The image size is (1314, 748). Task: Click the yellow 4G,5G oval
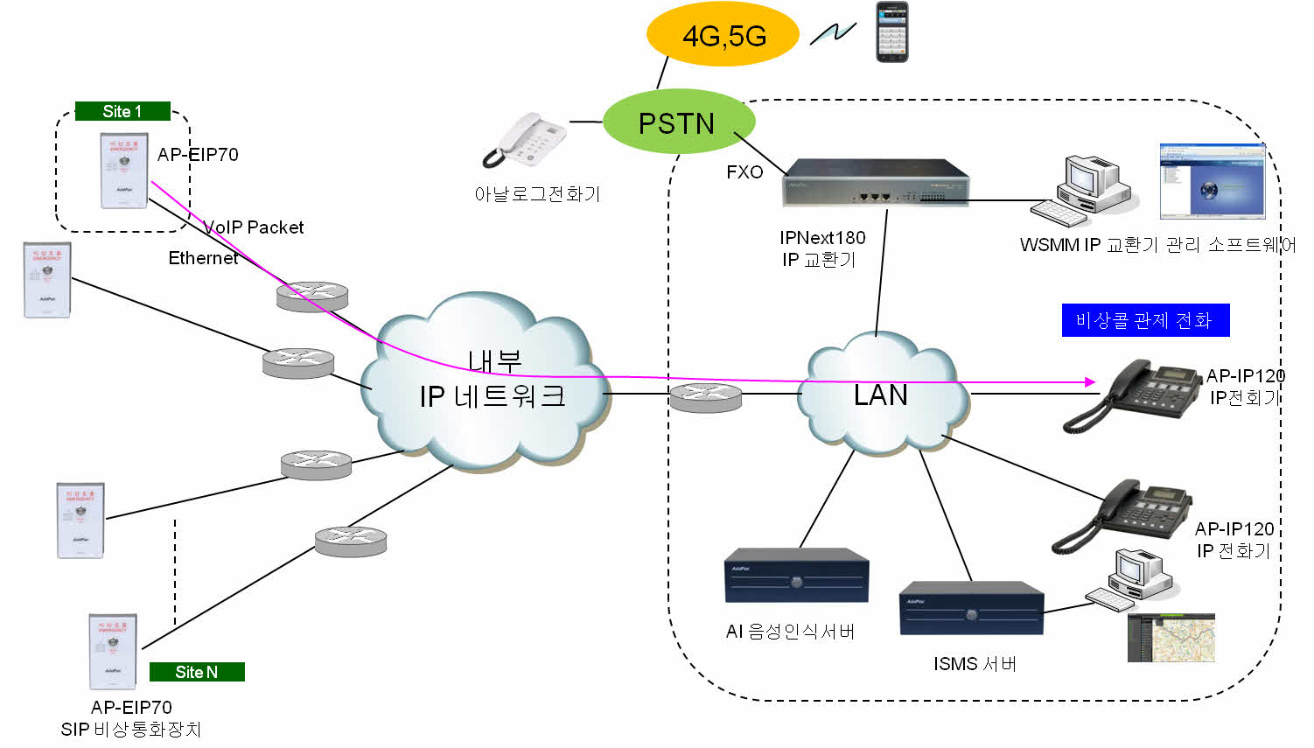(x=723, y=35)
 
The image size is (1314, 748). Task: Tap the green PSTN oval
(x=678, y=123)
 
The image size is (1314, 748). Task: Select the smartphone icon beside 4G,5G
(x=892, y=32)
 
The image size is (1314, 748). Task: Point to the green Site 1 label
(x=122, y=111)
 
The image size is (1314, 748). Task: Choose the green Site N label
(x=197, y=672)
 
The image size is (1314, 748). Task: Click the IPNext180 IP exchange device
(x=875, y=183)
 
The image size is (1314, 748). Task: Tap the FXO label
(x=744, y=172)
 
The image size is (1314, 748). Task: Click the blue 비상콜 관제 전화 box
(x=1145, y=320)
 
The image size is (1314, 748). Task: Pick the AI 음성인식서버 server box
(x=796, y=577)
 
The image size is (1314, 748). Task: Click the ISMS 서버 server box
(x=971, y=608)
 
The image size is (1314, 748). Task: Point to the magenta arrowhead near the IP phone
(x=1090, y=382)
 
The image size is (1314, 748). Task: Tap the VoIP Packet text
(x=254, y=227)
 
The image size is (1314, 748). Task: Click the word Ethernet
(x=203, y=258)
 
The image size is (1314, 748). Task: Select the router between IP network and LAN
(x=705, y=398)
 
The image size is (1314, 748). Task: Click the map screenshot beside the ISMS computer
(x=1171, y=638)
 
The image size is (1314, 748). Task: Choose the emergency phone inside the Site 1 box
(x=124, y=171)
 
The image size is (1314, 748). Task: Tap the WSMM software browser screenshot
(x=1213, y=181)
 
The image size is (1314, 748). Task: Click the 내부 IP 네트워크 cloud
(x=490, y=385)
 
